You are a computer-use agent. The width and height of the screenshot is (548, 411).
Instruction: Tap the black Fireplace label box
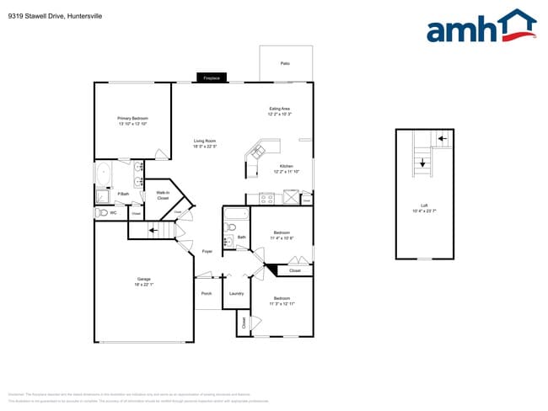pyautogui.click(x=212, y=78)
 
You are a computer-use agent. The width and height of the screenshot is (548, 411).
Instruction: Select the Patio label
pyautogui.click(x=285, y=63)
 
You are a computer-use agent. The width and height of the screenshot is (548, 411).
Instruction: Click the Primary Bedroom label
pyautogui.click(x=133, y=120)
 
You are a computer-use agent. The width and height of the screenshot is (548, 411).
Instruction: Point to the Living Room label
pyautogui.click(x=205, y=143)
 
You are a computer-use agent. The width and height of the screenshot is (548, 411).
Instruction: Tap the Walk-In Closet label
pyautogui.click(x=163, y=195)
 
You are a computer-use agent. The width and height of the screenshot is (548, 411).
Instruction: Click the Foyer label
pyautogui.click(x=207, y=252)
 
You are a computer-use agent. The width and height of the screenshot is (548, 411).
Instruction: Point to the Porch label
pyautogui.click(x=207, y=293)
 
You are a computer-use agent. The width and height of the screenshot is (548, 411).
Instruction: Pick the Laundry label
pyautogui.click(x=236, y=293)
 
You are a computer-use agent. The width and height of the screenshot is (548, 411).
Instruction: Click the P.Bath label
pyautogui.click(x=123, y=195)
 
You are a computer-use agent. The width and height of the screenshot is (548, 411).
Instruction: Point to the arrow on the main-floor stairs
pyautogui.click(x=155, y=229)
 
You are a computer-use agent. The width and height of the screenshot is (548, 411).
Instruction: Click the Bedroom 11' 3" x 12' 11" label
pyautogui.click(x=281, y=301)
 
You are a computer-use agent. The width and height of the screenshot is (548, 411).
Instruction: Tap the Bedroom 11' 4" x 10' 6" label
pyautogui.click(x=282, y=236)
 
